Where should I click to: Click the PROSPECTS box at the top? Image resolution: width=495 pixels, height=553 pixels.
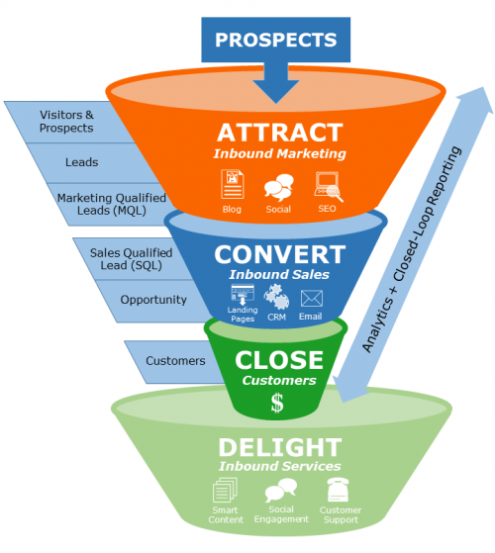[x=276, y=41]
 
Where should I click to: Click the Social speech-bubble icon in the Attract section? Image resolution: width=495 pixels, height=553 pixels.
[x=277, y=185]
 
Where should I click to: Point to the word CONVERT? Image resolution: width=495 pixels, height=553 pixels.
[x=279, y=253]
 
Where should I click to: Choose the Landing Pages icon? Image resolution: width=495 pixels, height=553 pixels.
[x=243, y=294]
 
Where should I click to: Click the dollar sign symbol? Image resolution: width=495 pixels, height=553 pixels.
[x=277, y=403]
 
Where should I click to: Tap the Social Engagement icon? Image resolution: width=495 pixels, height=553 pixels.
[x=280, y=490]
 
